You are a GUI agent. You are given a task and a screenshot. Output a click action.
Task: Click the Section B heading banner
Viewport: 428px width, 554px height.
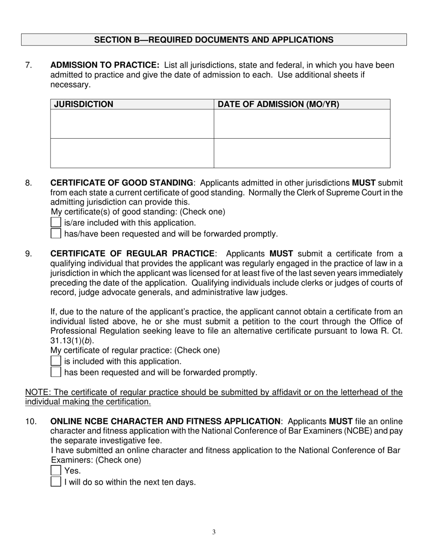(x=214, y=40)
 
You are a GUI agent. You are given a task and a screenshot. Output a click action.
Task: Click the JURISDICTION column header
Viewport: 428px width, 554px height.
(x=84, y=104)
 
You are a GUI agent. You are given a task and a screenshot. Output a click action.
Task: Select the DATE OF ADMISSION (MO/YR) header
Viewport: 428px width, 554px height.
(x=278, y=104)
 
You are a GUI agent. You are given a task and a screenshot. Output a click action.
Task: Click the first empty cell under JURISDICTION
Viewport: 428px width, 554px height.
(x=132, y=124)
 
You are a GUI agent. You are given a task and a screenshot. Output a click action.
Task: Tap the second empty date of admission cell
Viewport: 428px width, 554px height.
(x=301, y=153)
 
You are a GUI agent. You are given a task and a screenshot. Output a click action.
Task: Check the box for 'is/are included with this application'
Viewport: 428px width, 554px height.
(x=55, y=223)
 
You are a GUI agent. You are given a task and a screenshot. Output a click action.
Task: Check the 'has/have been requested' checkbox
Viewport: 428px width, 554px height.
(x=55, y=234)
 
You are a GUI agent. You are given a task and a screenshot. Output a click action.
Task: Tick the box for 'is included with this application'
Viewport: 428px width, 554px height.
(x=55, y=361)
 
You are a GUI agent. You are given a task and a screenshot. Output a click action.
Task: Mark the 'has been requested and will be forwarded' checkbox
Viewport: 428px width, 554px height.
(x=55, y=372)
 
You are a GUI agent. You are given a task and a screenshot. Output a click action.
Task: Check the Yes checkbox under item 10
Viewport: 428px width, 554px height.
(x=55, y=471)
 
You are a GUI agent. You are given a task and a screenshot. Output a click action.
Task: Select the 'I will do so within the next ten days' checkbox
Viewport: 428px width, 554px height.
(x=55, y=482)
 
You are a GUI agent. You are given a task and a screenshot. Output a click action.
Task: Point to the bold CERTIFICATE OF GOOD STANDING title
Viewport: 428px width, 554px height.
(x=122, y=183)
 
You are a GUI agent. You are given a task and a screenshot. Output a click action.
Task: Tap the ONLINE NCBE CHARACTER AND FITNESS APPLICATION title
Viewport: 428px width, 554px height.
(x=165, y=422)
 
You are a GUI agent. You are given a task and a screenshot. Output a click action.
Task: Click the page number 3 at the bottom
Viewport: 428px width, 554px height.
(x=214, y=532)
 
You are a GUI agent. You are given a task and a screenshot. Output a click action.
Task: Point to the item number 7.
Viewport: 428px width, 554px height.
(x=29, y=65)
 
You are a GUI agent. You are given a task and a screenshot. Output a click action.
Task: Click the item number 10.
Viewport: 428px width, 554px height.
(x=31, y=422)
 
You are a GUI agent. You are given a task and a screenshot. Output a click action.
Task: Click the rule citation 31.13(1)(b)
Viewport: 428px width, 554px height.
(x=72, y=341)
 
